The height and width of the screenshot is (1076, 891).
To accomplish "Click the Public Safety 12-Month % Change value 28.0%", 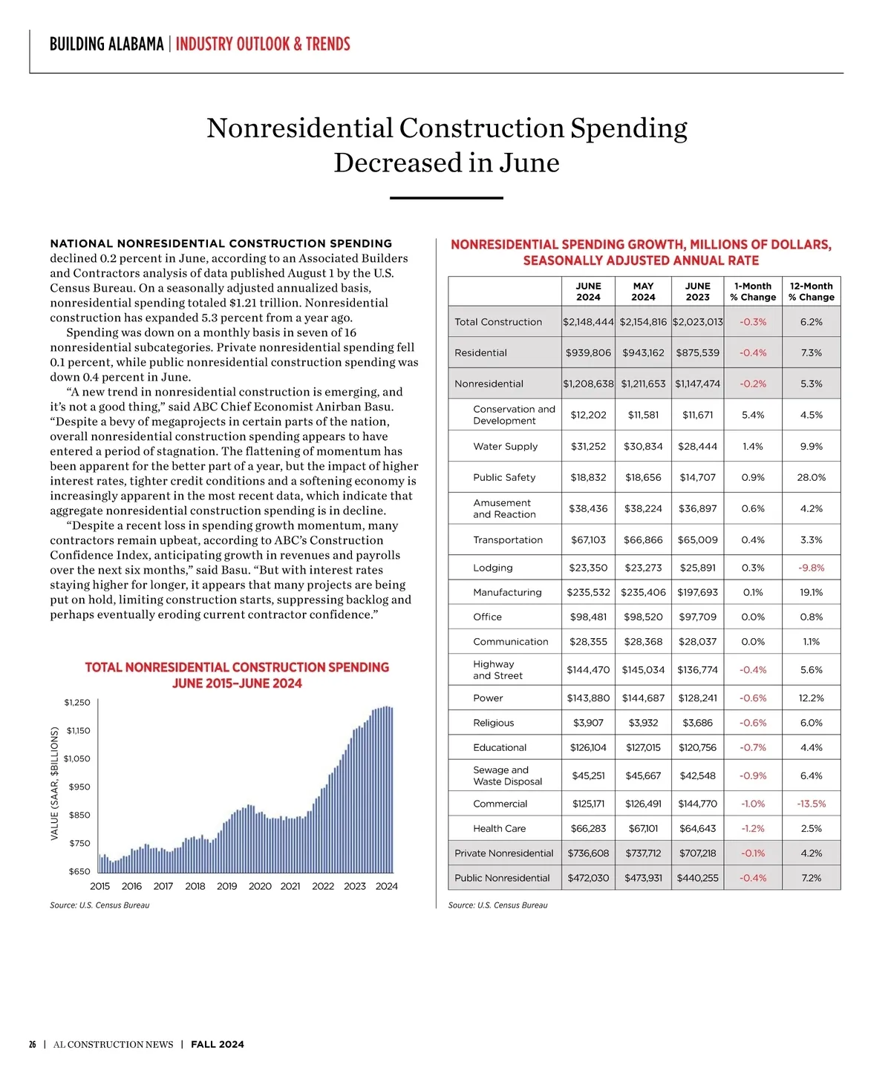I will pyautogui.click(x=811, y=477).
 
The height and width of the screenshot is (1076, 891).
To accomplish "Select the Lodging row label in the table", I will pyautogui.click(x=492, y=568).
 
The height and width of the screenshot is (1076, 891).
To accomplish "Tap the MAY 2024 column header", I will pyautogui.click(x=643, y=292).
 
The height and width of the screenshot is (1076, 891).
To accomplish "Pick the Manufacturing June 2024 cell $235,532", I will pyautogui.click(x=588, y=592).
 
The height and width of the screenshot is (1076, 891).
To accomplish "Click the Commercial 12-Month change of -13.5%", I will pyautogui.click(x=811, y=804).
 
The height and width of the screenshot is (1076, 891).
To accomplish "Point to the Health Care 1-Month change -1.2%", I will pyautogui.click(x=753, y=828).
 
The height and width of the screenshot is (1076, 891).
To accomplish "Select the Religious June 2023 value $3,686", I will pyautogui.click(x=697, y=723).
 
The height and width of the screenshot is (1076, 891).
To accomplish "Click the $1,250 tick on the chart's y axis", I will pyautogui.click(x=77, y=702).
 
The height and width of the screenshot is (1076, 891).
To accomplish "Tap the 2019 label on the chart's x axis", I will pyautogui.click(x=226, y=886).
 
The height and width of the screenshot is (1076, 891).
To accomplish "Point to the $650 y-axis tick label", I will pyautogui.click(x=79, y=871).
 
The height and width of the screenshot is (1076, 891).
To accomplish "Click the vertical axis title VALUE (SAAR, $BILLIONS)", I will pyautogui.click(x=55, y=784).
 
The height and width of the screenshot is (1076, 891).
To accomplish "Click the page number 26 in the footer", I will pyautogui.click(x=33, y=1045).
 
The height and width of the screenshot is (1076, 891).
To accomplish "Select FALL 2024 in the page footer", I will pyautogui.click(x=217, y=1045).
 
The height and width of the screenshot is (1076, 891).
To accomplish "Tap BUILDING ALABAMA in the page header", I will pyautogui.click(x=106, y=45).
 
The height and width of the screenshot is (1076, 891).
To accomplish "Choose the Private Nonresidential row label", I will pyautogui.click(x=503, y=853).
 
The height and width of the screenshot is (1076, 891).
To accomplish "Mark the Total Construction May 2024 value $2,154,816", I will pyautogui.click(x=643, y=322).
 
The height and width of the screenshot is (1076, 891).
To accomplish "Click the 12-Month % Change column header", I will pyautogui.click(x=811, y=292).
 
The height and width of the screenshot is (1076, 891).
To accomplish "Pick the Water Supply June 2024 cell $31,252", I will pyautogui.click(x=588, y=446).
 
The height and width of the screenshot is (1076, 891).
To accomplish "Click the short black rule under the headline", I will pyautogui.click(x=446, y=198).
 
